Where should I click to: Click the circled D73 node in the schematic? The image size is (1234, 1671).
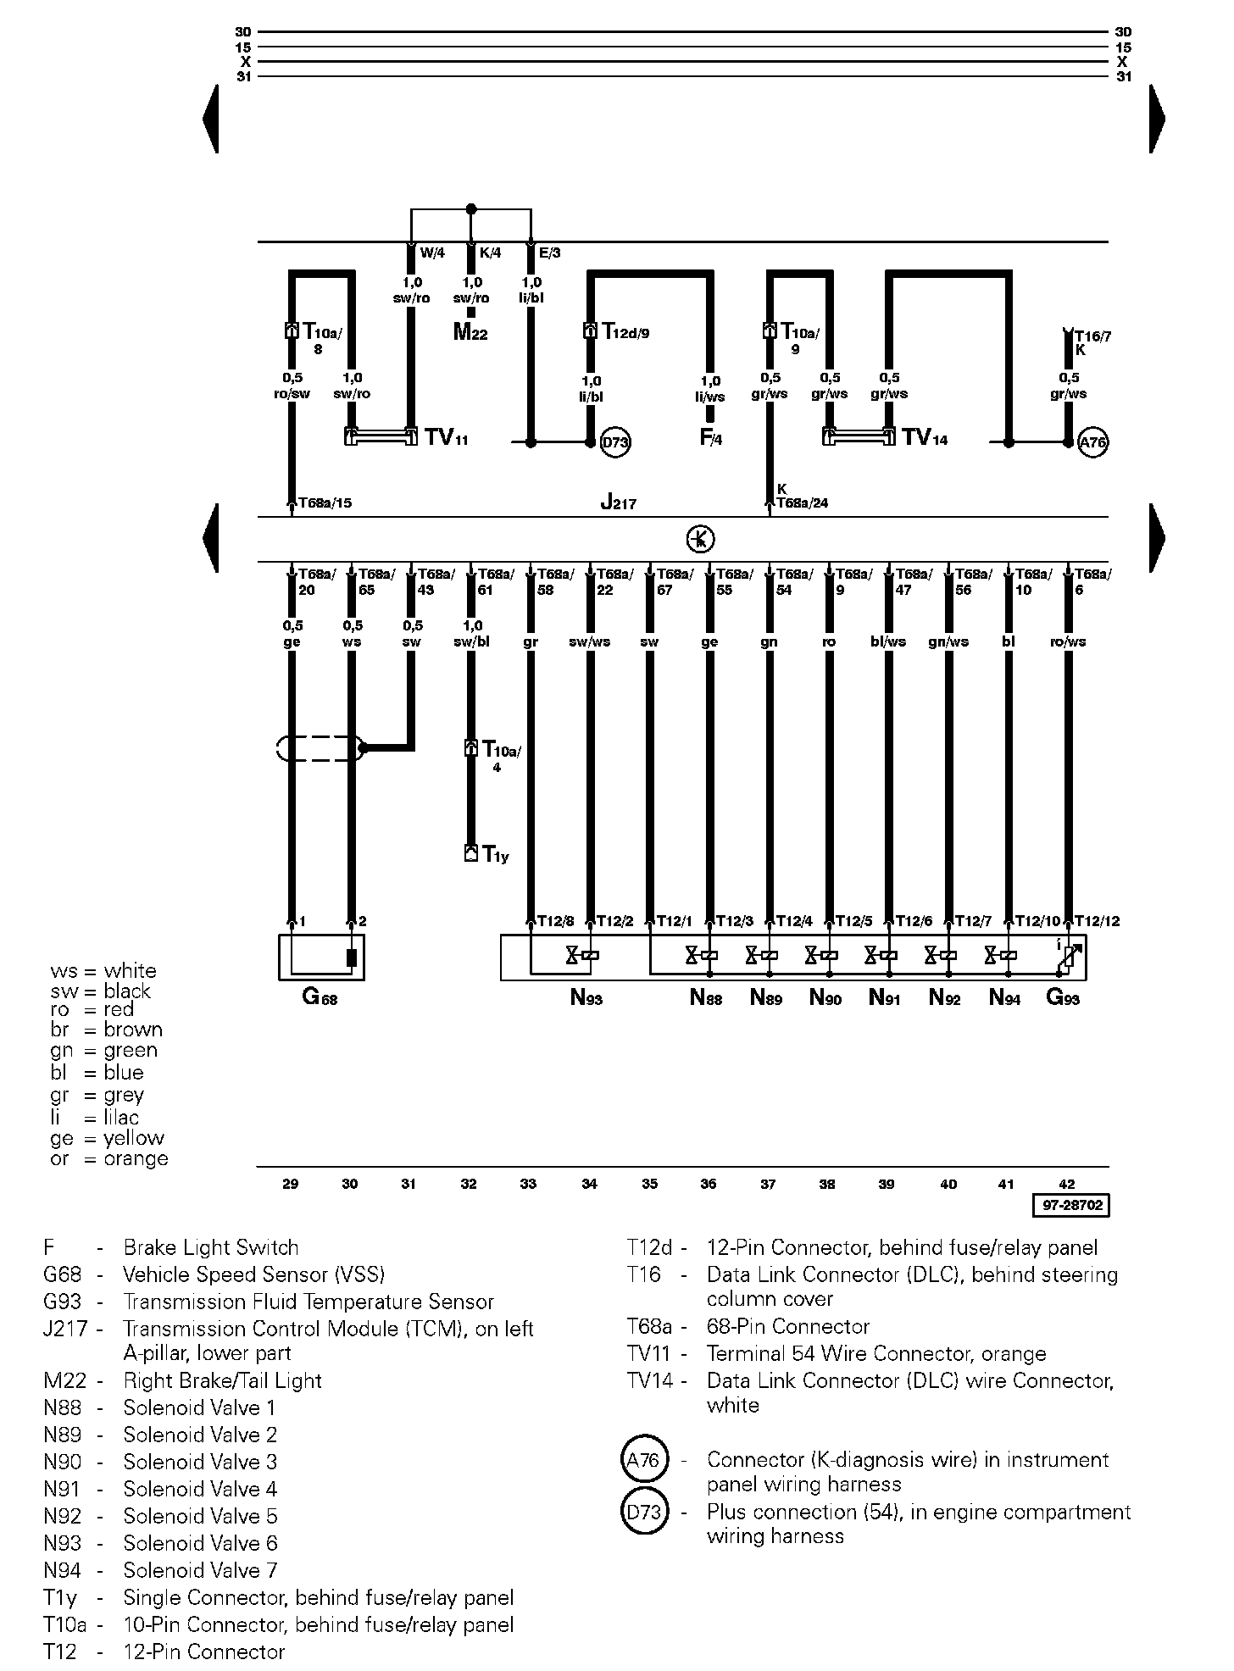coord(615,442)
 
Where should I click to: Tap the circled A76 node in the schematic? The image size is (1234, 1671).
coord(1093,442)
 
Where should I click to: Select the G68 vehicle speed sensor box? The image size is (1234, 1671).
coord(321,958)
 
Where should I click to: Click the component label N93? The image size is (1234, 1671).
coord(586,998)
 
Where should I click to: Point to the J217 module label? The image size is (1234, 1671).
coord(618,502)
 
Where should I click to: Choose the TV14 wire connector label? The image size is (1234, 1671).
coord(925,437)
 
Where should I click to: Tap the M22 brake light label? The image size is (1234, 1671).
coord(470,332)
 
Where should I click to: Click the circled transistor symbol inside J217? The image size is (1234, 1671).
coord(701,539)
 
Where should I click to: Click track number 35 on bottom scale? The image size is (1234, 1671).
coord(649,1185)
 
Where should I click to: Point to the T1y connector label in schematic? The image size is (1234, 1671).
coord(496,855)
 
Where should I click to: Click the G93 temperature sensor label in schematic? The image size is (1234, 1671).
coord(1063,998)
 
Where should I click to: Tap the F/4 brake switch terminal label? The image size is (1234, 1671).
coord(710,438)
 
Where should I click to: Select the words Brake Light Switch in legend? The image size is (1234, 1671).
coord(211,1247)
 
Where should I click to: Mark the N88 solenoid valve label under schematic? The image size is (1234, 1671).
coord(706,998)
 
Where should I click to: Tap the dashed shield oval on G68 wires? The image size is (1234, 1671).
coord(320,748)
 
